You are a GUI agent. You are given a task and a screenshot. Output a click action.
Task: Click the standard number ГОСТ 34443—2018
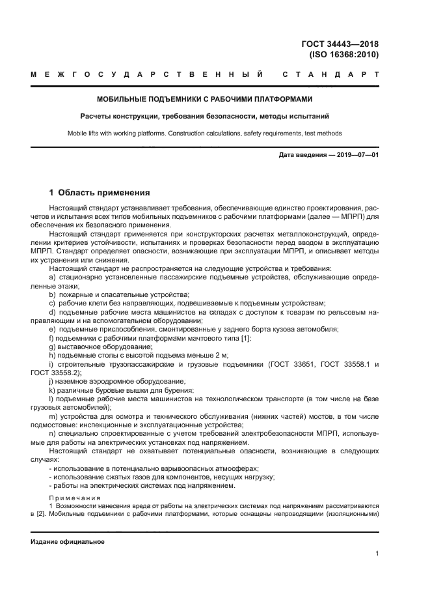(x=340, y=44)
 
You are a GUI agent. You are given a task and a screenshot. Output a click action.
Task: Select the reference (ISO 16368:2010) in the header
(x=345, y=55)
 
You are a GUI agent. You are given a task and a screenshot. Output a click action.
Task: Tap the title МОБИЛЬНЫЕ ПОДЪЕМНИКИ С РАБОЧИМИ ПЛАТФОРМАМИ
(x=204, y=100)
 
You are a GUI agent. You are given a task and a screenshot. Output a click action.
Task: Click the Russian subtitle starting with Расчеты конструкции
(x=204, y=117)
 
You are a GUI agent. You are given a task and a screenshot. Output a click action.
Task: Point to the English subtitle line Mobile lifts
(x=204, y=134)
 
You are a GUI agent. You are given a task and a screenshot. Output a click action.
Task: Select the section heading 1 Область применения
(x=100, y=193)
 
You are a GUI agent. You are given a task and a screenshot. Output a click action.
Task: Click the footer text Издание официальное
(x=68, y=542)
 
